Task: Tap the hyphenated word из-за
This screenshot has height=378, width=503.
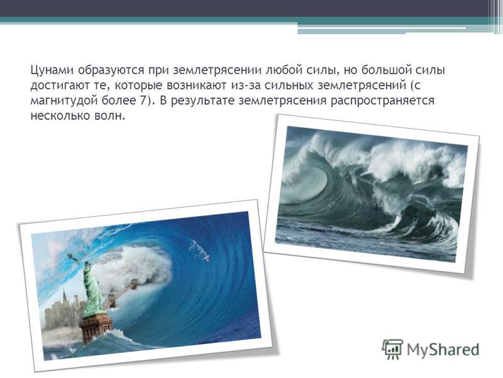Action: [x=245, y=86]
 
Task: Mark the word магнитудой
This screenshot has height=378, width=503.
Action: [x=64, y=101]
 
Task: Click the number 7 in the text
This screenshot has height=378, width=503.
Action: [x=143, y=100]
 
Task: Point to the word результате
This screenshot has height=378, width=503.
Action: [x=202, y=101]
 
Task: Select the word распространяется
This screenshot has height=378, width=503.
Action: [x=382, y=101]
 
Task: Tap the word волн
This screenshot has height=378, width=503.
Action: [x=107, y=116]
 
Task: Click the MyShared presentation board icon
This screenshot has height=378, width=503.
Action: [x=392, y=349]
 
